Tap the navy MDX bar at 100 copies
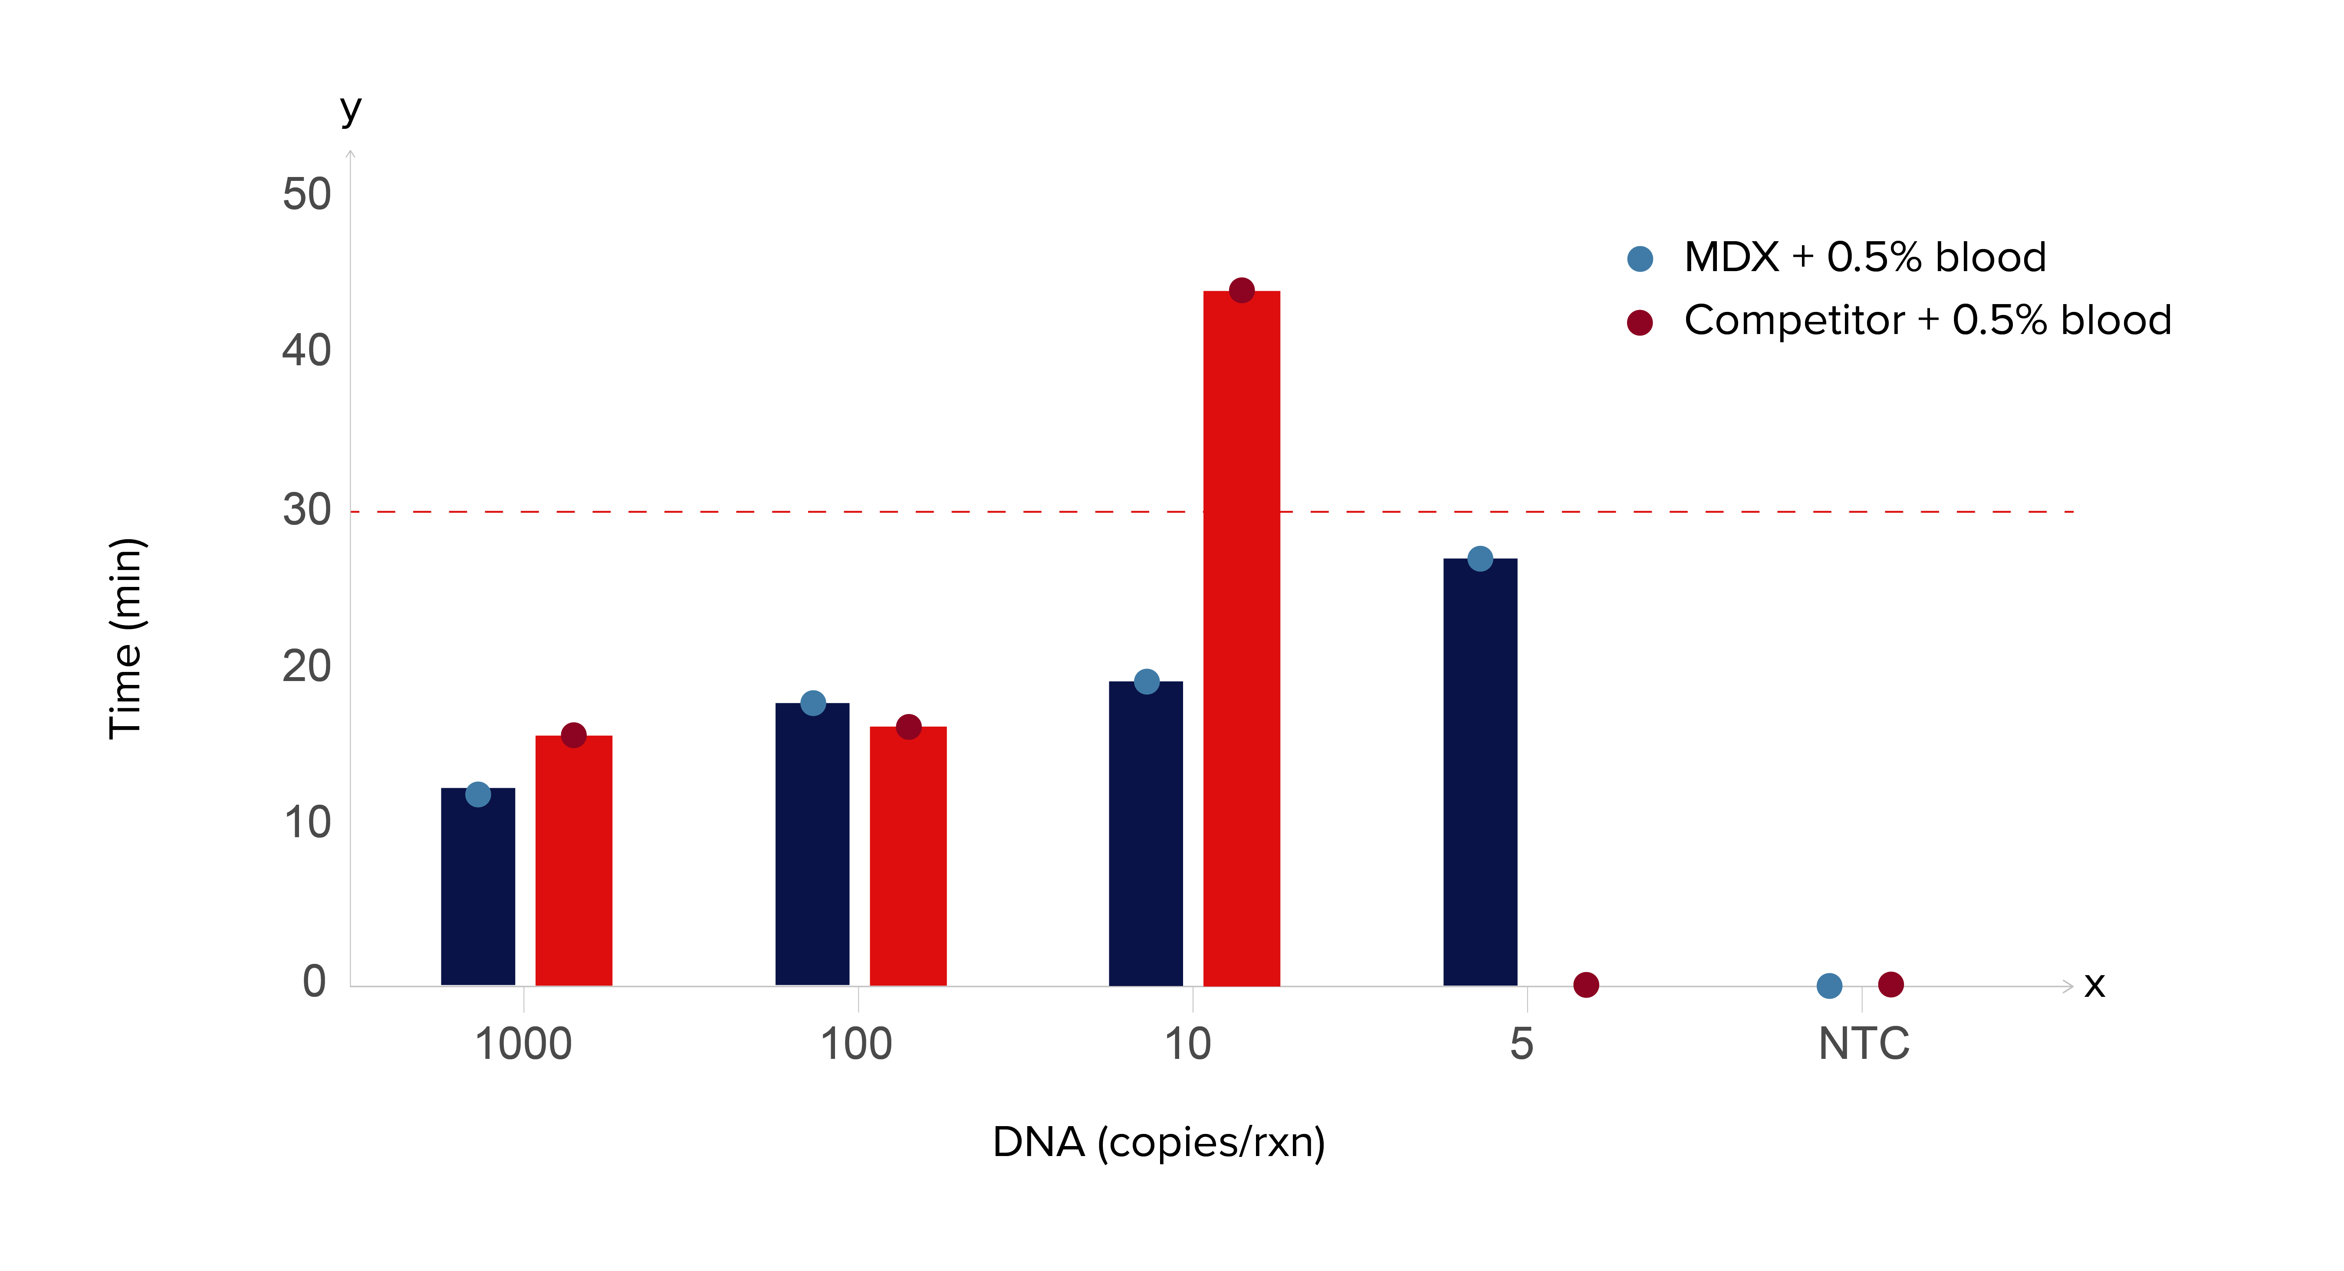click(x=812, y=846)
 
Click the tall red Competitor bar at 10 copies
click(x=1241, y=637)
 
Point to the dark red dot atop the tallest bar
click(x=1241, y=290)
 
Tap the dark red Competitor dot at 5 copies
click(x=1585, y=984)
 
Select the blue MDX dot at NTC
click(x=1829, y=985)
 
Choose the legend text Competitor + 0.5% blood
click(x=1927, y=320)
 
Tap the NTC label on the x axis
click(x=1864, y=1044)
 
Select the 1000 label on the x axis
click(x=523, y=1044)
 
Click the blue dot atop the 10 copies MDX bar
click(x=1147, y=681)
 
